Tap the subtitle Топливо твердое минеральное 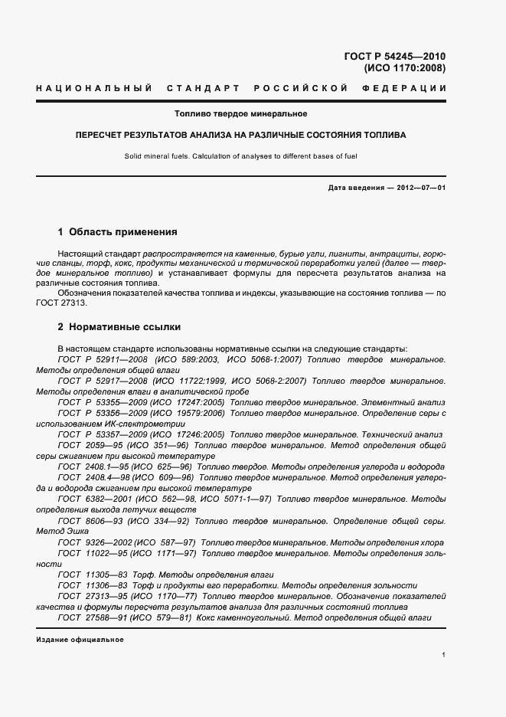click(241, 114)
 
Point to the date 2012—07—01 click(419, 188)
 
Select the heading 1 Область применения click(118, 231)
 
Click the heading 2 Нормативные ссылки click(119, 327)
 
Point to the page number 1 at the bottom click(444, 655)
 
